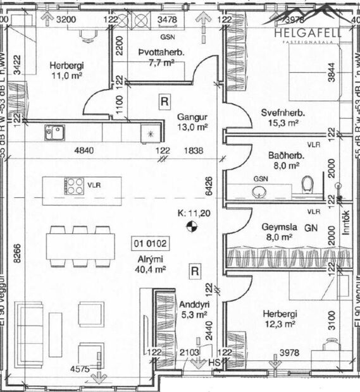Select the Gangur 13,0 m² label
(192, 121)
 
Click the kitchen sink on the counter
(53, 132)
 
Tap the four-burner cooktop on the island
(75, 185)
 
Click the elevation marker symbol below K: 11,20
(192, 225)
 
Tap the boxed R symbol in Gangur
(164, 101)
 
